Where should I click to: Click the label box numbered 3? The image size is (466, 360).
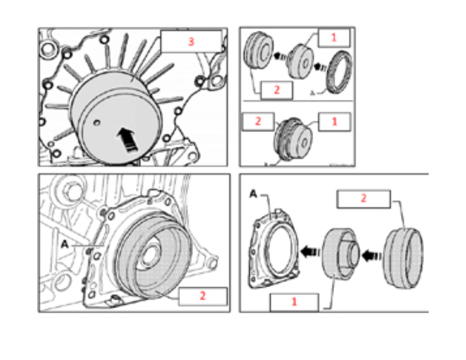tap(191, 43)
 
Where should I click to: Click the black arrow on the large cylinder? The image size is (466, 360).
tap(127, 140)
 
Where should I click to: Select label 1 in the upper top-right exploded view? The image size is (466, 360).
tap(333, 38)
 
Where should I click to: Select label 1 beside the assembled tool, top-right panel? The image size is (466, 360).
tap(333, 122)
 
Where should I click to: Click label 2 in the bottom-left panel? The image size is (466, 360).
tap(202, 296)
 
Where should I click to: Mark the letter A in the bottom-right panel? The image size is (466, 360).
tap(253, 194)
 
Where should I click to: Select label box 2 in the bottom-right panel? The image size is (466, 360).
tap(363, 199)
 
